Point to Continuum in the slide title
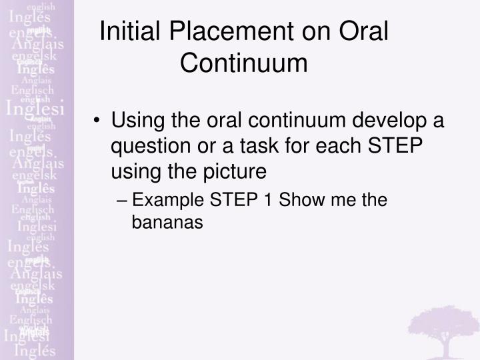(244, 63)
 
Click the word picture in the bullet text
(229, 171)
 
